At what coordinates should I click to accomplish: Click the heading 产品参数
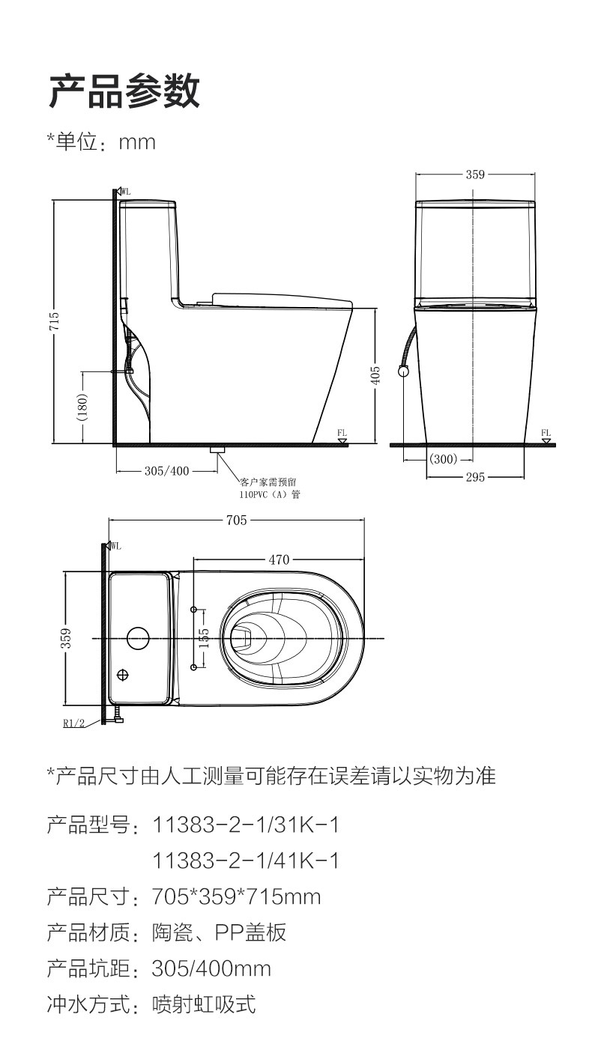point(124,91)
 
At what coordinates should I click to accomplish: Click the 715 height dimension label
point(54,321)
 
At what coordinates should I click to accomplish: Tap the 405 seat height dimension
point(375,375)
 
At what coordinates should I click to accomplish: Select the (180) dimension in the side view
point(82,407)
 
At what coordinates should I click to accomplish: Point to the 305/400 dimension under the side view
point(167,471)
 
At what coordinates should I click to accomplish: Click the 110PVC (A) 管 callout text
point(270,494)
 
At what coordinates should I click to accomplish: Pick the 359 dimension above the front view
point(475,174)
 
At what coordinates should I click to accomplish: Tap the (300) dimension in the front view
point(443,459)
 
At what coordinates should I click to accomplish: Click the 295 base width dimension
point(475,477)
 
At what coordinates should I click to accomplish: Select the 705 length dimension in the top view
point(237,520)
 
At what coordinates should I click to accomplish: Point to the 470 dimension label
point(279,559)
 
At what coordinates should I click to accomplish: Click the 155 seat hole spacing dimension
point(204,637)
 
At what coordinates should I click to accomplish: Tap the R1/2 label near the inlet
point(74,723)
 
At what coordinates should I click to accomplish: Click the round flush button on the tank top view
point(138,637)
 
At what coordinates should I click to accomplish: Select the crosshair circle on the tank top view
point(122,676)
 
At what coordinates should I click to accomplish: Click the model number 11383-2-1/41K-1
point(246,861)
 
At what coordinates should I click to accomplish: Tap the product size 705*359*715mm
point(237,896)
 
